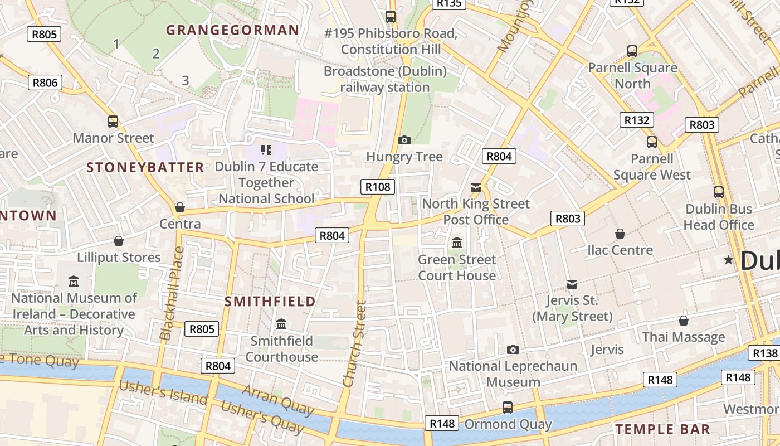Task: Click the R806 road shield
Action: point(45,83)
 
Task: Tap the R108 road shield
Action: point(378,187)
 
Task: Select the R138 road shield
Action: point(765,353)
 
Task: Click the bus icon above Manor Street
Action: point(113,122)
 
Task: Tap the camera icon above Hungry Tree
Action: point(404,140)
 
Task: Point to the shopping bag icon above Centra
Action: point(179,208)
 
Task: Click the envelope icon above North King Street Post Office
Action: point(476,187)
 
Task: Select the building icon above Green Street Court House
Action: point(457,243)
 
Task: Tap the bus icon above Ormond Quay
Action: point(507,408)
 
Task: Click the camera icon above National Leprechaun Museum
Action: point(513,350)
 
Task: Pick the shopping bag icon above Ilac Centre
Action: point(620,234)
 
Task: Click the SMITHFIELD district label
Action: point(270,302)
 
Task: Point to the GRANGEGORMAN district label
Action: point(232,30)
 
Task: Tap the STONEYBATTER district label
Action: point(145,167)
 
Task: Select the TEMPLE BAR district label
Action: point(662,429)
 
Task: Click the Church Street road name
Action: point(355,344)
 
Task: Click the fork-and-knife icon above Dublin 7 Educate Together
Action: point(266,149)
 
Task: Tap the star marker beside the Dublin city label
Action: point(728,260)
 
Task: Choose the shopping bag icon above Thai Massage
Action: point(683,321)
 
